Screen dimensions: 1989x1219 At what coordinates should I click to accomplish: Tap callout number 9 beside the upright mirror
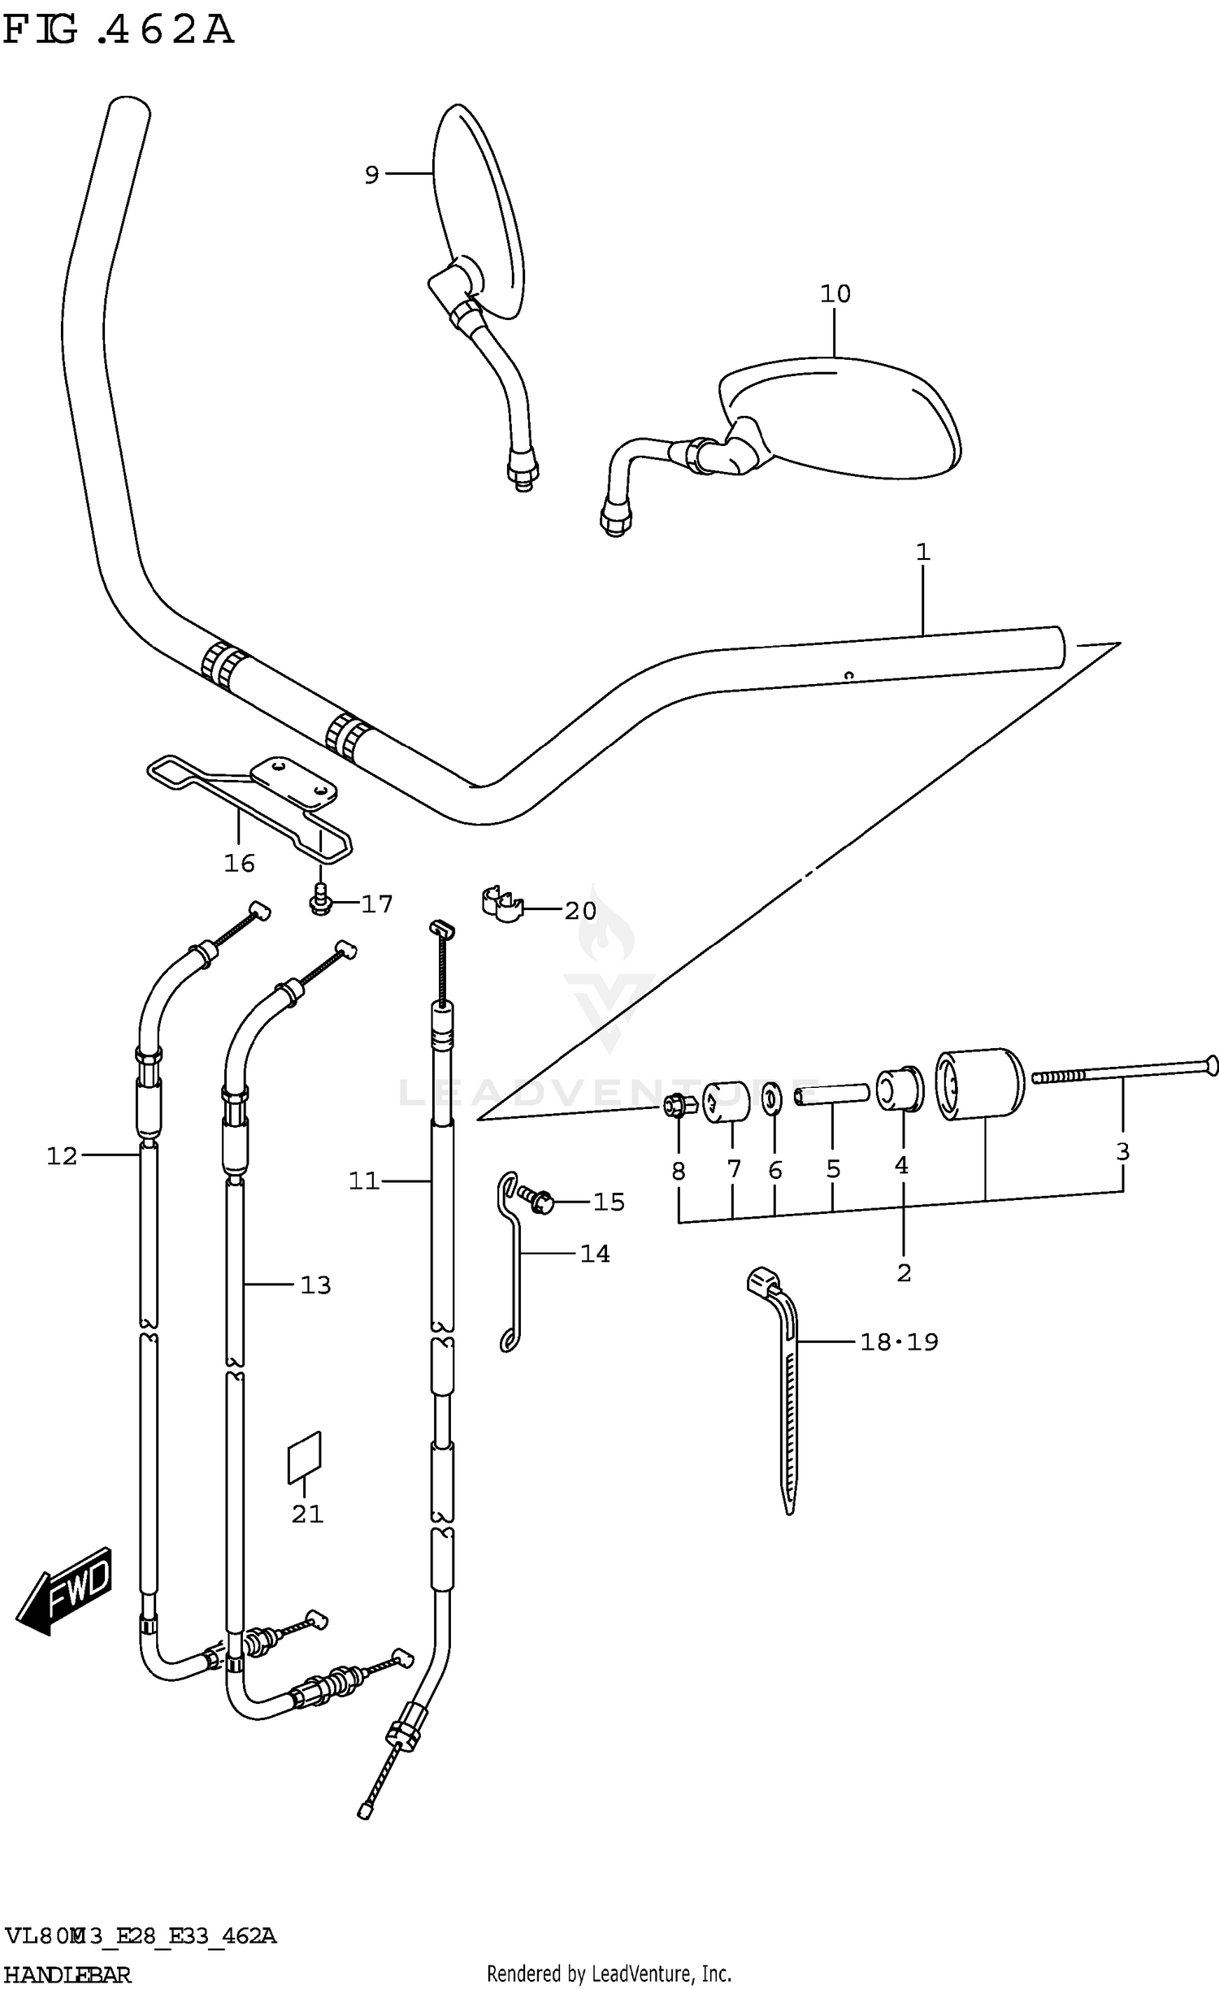[x=371, y=175]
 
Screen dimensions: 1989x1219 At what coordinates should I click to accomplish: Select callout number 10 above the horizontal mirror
[x=835, y=294]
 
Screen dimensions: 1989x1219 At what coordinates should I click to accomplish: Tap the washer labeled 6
[x=771, y=1098]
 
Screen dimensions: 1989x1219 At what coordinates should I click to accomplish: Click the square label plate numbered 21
[x=305, y=1457]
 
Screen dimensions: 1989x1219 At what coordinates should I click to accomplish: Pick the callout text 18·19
[x=899, y=1341]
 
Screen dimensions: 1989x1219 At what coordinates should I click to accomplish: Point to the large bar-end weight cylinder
[x=979, y=1085]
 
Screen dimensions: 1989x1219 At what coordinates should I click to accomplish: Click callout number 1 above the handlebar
[x=922, y=553]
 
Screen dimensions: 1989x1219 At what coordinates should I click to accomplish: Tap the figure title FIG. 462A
[x=119, y=31]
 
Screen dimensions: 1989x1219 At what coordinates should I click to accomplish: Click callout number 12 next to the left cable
[x=62, y=1156]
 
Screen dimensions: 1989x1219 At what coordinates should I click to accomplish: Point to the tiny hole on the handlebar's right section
[x=849, y=674]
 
